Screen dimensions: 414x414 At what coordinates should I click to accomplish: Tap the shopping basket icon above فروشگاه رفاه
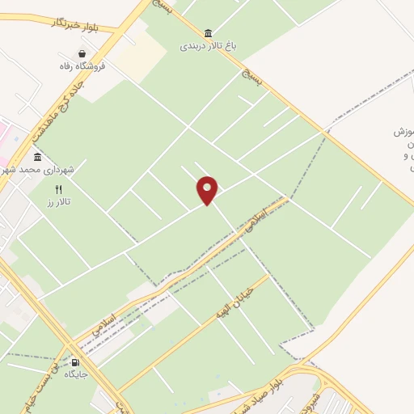click(x=83, y=54)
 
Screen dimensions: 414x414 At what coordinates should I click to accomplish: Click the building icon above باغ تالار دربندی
click(x=209, y=32)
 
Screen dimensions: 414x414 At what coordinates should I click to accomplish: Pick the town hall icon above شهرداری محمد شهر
click(x=37, y=157)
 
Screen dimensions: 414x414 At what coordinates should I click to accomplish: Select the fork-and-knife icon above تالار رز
click(x=58, y=189)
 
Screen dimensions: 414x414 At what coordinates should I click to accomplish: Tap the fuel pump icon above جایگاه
click(x=75, y=362)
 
